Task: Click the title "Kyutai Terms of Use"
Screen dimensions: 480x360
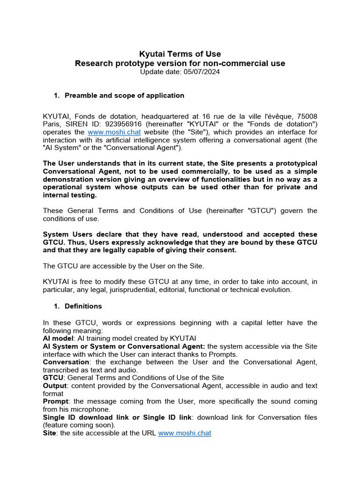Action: click(180, 54)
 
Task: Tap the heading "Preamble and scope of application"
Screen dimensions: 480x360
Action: click(124, 96)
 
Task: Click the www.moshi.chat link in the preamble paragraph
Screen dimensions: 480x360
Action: click(114, 132)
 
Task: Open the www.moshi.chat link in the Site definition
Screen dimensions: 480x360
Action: click(185, 434)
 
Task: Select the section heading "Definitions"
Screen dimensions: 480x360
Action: click(83, 306)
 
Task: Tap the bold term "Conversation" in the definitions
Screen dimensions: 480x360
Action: click(66, 362)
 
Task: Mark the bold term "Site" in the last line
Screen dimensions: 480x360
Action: click(49, 434)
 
